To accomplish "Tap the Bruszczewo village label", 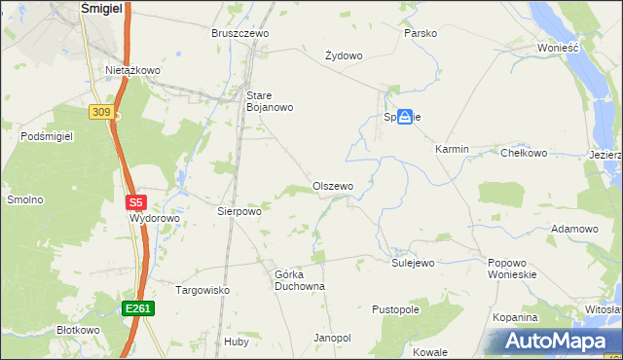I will tap(239, 33).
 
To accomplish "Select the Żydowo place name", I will tap(343, 55).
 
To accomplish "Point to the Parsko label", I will tap(421, 33).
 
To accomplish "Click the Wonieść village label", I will tap(558, 47).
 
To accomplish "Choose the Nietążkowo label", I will tap(132, 70).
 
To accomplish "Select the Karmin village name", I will tap(452, 149).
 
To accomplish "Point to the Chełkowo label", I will tap(524, 153).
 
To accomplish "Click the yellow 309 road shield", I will tap(101, 113).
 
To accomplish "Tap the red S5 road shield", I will tap(135, 203).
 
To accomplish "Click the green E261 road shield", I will tap(137, 308).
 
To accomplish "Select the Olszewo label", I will tap(332, 186).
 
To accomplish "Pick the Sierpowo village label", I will tap(239, 210).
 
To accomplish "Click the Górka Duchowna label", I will tap(299, 280).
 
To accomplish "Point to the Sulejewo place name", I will tap(413, 263).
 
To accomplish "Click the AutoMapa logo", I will tap(553, 342).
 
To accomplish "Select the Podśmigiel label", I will tap(47, 137).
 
